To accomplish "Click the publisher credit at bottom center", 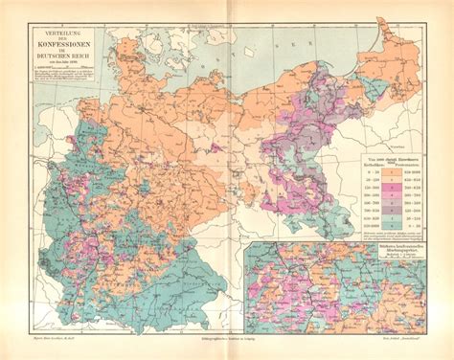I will (x=227, y=350).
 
